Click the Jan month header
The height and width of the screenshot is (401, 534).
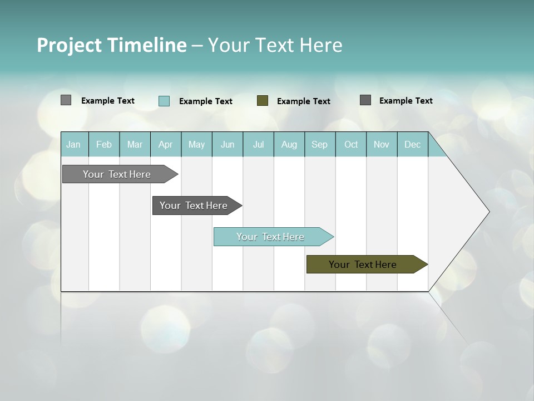point(73,144)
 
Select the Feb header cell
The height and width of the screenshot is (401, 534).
point(104,144)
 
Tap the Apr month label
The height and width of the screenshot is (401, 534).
point(166,144)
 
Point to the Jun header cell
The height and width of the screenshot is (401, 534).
point(228,144)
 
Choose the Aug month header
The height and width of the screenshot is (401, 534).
point(289,144)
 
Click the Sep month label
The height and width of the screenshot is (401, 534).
point(319,144)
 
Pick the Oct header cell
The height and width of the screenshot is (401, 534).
point(351,144)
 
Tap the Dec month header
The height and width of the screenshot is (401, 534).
point(412,144)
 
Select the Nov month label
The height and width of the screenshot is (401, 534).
point(382,144)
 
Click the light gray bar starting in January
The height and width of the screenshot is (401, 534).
point(117,174)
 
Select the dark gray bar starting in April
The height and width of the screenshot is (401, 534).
point(194,206)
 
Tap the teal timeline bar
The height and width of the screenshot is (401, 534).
point(270,237)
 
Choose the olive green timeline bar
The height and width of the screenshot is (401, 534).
point(363,265)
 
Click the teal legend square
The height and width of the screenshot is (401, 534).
point(164,101)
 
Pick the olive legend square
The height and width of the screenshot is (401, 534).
point(263,101)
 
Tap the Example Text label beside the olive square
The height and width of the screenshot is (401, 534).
point(304,101)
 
